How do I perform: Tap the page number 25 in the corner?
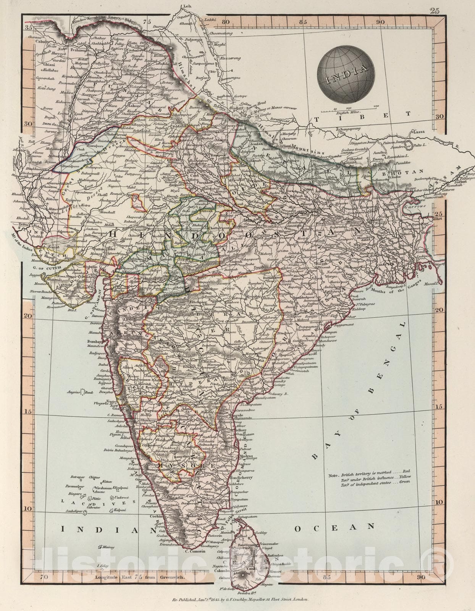point(435,10)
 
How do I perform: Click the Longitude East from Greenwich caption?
point(139,578)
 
